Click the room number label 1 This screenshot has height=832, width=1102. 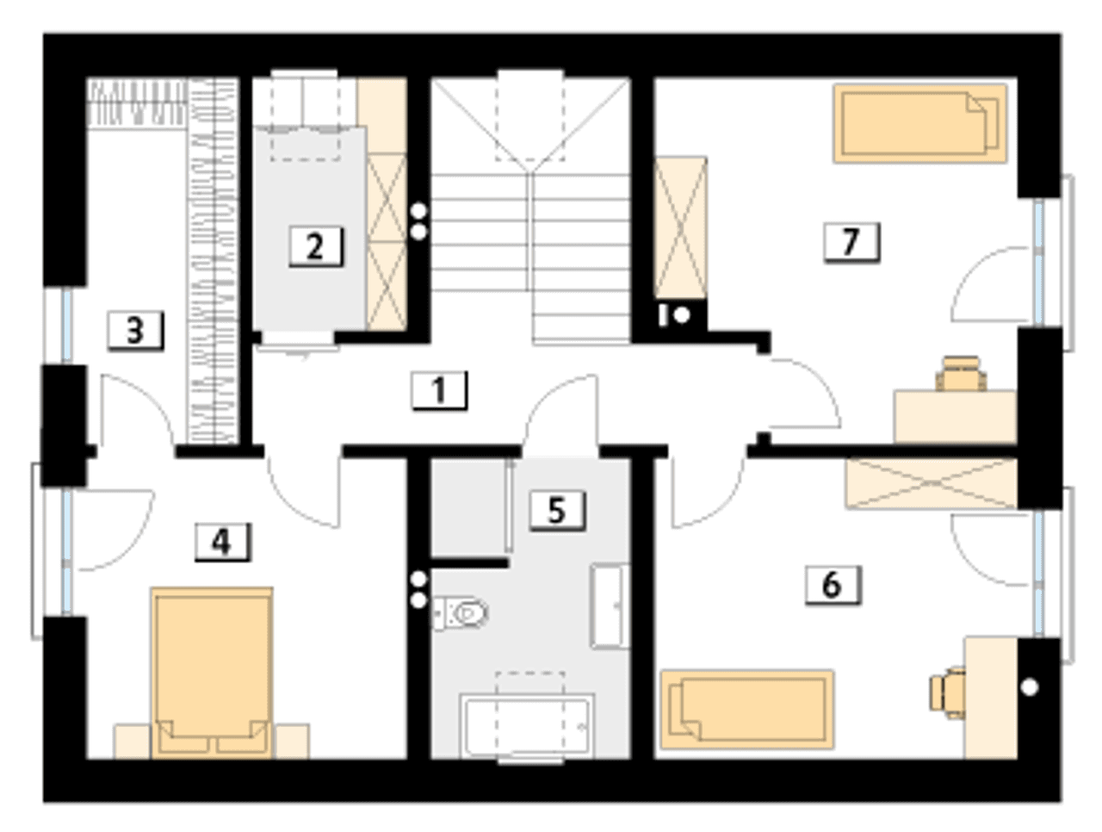[439, 390]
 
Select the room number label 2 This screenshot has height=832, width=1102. [315, 246]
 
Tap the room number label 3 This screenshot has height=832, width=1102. [135, 331]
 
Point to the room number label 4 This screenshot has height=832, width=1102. [222, 542]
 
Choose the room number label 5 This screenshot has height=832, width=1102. [557, 510]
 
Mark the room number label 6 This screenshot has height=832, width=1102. [833, 586]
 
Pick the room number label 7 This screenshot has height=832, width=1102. [851, 243]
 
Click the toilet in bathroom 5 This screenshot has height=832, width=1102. [460, 612]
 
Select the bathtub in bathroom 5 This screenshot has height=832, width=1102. [528, 725]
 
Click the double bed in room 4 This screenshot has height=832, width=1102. [212, 673]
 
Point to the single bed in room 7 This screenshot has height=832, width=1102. [920, 123]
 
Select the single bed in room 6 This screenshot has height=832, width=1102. [747, 710]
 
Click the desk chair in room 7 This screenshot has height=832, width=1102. [961, 374]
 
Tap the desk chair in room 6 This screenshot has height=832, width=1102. [948, 693]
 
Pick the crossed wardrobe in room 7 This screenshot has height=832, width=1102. [680, 228]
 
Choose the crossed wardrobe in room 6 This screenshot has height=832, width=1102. [932, 483]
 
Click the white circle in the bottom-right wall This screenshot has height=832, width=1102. [1030, 687]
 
